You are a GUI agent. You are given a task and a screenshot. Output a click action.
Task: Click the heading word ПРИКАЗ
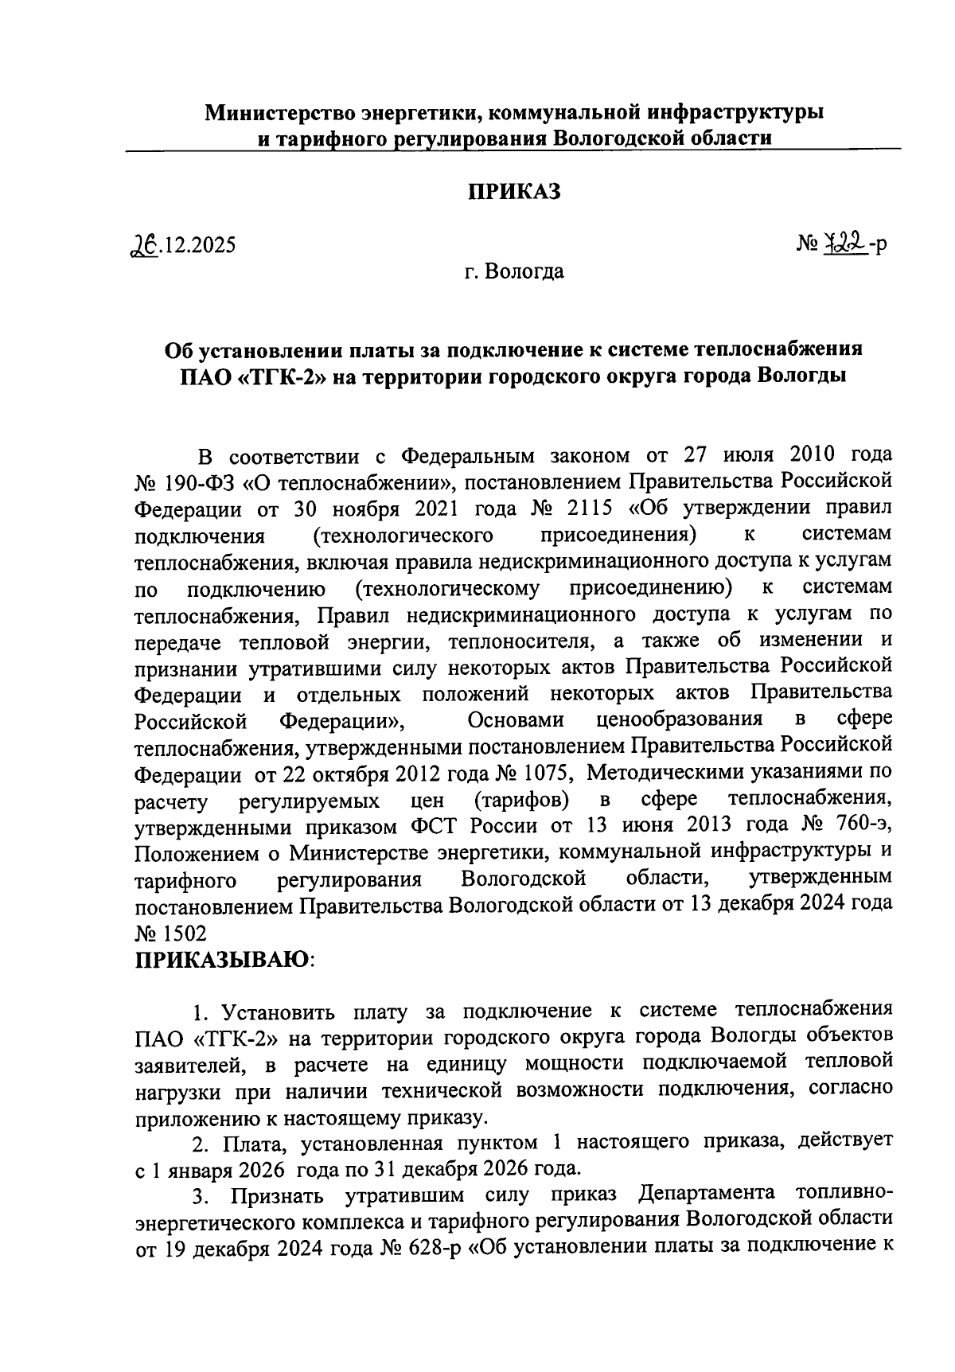coord(513,192)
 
